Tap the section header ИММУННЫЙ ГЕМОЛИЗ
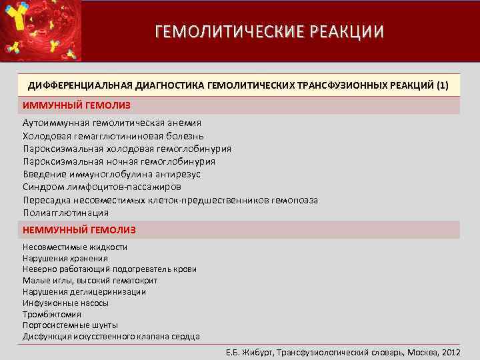[x=77, y=105]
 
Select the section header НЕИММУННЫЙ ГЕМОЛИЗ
[x=79, y=229]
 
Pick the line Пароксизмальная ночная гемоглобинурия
[x=119, y=161]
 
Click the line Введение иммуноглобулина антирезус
[x=111, y=174]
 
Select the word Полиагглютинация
[x=65, y=213]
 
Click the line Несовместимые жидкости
[x=75, y=247]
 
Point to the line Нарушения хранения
[x=65, y=258]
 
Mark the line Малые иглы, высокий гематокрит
[x=90, y=281]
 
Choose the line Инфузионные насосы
[x=65, y=303]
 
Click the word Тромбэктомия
[x=52, y=314]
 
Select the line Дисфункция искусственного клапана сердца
[x=111, y=337]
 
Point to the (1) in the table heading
[x=442, y=85]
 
